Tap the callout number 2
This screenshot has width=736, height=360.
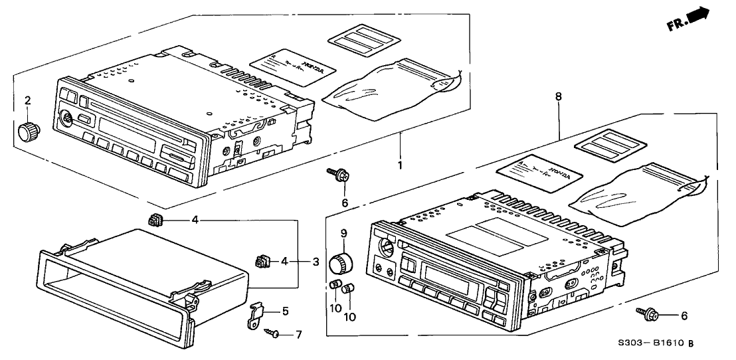click(x=28, y=102)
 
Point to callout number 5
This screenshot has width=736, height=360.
click(x=285, y=310)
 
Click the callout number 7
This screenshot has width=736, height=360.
click(x=298, y=333)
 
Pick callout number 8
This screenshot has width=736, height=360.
click(x=559, y=97)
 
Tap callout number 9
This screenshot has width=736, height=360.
click(x=344, y=233)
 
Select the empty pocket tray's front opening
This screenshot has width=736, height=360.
click(x=110, y=296)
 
